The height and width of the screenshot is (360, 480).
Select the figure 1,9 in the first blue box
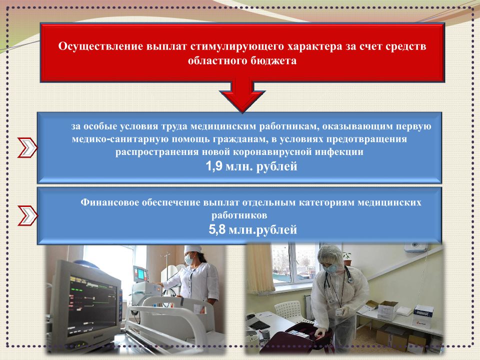pyautogui.click(x=213, y=166)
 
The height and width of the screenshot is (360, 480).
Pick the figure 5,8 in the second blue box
pyautogui.click(x=216, y=229)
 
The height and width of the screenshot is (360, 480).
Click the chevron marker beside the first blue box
pyautogui.click(x=27, y=148)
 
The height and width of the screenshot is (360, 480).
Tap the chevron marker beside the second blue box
pyautogui.click(x=27, y=216)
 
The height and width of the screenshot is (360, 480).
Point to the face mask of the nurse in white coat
pyautogui.click(x=189, y=260)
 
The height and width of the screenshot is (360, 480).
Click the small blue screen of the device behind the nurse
pyautogui.click(x=141, y=274)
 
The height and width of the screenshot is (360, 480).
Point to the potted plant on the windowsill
pyautogui.click(x=347, y=258)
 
